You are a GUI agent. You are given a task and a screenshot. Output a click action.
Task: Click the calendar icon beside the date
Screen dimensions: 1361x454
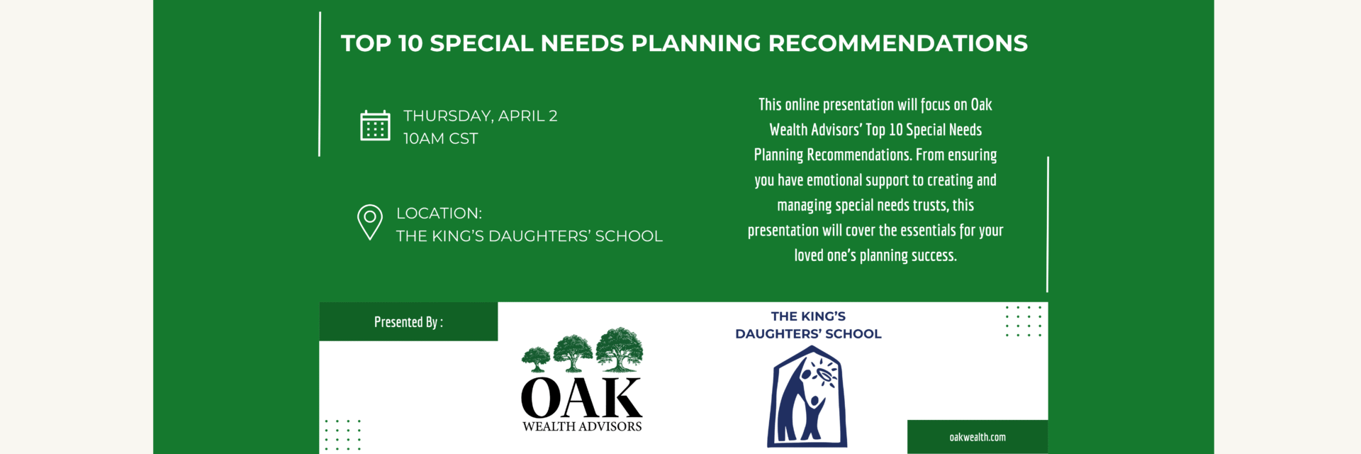pyautogui.click(x=375, y=126)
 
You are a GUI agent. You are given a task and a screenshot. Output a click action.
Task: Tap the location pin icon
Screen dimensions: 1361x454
pyautogui.click(x=370, y=222)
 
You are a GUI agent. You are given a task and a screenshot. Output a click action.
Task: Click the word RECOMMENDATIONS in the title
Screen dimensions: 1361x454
pyautogui.click(x=898, y=43)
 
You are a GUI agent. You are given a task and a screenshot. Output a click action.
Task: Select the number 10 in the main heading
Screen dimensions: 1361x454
pyautogui.click(x=410, y=43)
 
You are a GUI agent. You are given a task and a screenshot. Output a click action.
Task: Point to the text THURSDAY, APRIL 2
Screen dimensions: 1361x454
pyautogui.click(x=481, y=116)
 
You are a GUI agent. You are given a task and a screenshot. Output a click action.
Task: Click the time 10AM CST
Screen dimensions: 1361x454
pyautogui.click(x=441, y=138)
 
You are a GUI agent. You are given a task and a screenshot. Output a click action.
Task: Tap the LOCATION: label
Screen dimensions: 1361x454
pyautogui.click(x=439, y=213)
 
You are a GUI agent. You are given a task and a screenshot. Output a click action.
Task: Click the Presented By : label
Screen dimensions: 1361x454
pyautogui.click(x=409, y=322)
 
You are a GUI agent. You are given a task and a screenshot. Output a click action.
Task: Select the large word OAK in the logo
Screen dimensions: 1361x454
pyautogui.click(x=582, y=399)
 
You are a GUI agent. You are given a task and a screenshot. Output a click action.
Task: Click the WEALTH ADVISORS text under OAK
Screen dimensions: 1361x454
pyautogui.click(x=582, y=426)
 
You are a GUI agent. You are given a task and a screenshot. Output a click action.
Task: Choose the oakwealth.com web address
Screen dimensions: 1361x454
pyautogui.click(x=978, y=437)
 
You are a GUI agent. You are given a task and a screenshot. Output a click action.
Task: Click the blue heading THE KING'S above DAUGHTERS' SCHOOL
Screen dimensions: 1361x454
pyautogui.click(x=808, y=316)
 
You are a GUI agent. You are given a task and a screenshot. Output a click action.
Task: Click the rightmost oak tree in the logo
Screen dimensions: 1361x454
pyautogui.click(x=620, y=349)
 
